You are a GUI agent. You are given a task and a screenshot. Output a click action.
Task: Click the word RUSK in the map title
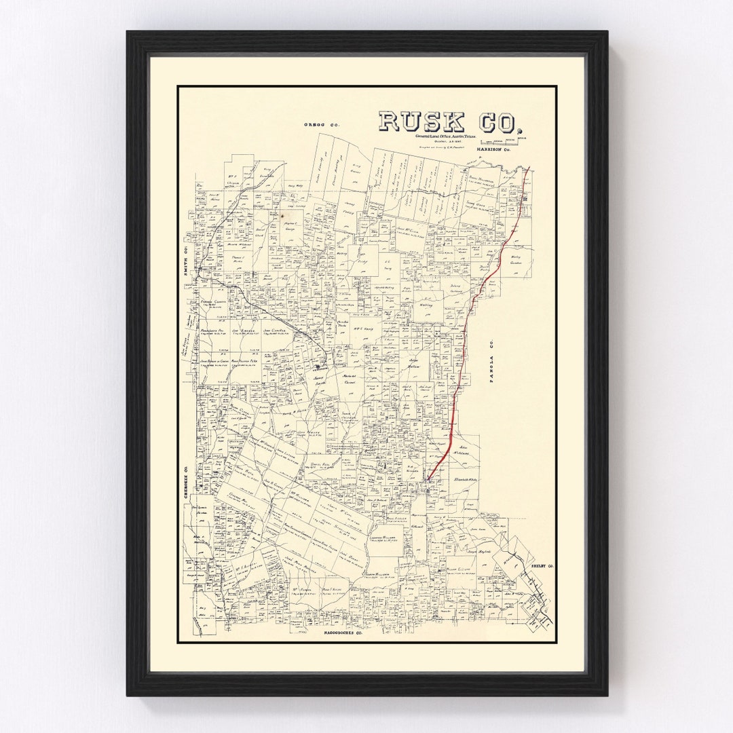[x=421, y=121]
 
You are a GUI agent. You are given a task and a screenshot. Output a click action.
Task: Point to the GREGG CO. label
[x=321, y=125]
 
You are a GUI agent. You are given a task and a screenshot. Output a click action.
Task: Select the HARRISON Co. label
[x=493, y=149]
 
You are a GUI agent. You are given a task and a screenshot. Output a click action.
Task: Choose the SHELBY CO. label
[x=542, y=565]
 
